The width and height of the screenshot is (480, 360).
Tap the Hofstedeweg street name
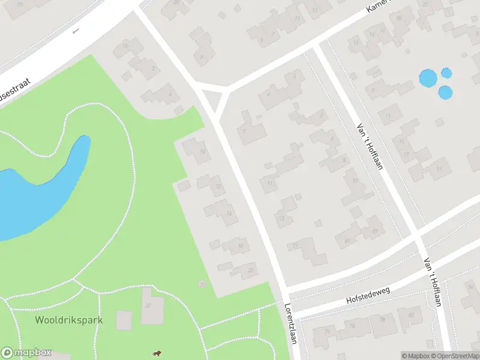pyautogui.click(x=368, y=295)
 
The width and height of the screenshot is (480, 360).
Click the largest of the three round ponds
pyautogui.click(x=428, y=78)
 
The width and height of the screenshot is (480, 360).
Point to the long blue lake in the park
pyautogui.click(x=36, y=192)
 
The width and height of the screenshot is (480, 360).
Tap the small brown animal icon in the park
pyautogui.click(x=157, y=353)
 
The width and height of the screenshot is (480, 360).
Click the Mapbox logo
pyautogui.click(x=26, y=353)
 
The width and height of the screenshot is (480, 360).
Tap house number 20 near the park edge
pyautogui.click(x=245, y=270)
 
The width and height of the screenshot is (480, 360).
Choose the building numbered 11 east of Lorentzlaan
pyautogui.click(x=270, y=181)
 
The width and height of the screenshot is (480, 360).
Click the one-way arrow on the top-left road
pyautogui.click(x=76, y=31)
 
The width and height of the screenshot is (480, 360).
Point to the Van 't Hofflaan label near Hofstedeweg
pyautogui.click(x=432, y=282)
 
